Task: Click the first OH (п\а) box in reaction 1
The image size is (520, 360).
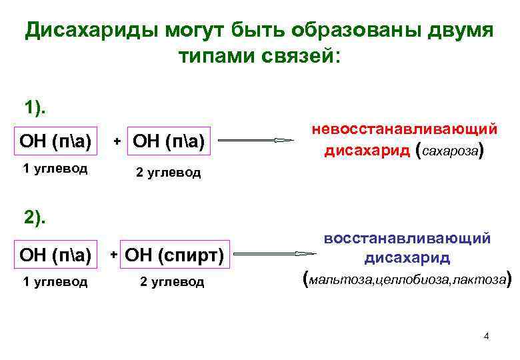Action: [x=57, y=141]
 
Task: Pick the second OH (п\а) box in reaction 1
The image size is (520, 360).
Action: [x=169, y=141]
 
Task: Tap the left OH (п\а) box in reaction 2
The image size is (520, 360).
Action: [x=57, y=254]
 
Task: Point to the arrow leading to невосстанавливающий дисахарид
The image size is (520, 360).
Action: [x=257, y=141]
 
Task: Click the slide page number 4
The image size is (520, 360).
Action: [x=486, y=335]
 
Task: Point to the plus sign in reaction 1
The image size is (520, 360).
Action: [x=117, y=141]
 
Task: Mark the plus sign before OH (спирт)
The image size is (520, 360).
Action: [x=114, y=255]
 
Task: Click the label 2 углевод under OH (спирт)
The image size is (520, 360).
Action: [x=172, y=281]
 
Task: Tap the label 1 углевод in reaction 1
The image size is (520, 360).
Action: [x=55, y=168]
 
